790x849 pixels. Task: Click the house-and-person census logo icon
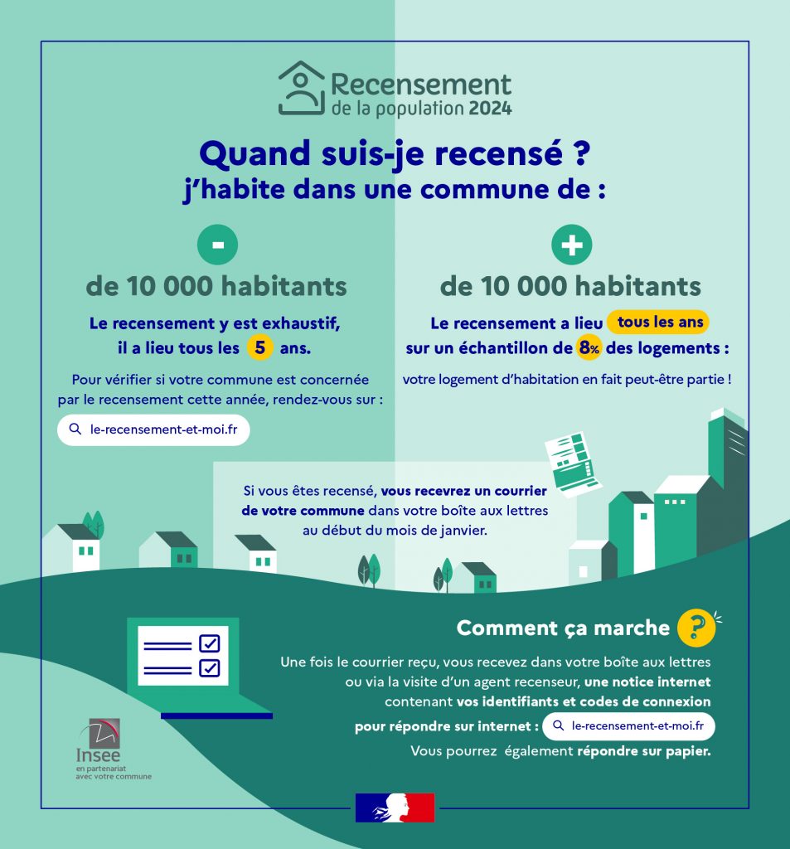coord(300,89)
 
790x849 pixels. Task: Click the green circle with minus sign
coord(217,245)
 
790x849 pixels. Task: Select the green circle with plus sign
coord(572,245)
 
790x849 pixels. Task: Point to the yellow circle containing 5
coord(259,348)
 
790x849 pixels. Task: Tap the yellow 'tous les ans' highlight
coord(658,323)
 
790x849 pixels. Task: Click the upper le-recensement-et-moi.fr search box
coord(153,429)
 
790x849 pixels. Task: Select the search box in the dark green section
coord(628,726)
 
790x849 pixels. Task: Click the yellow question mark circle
coord(696,628)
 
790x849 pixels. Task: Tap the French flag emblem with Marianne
coord(395,808)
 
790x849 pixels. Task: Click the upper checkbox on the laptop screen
coord(210,643)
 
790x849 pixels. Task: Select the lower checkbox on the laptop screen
coord(210,667)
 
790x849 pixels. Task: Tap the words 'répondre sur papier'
coord(643,752)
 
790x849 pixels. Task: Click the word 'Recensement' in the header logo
coord(421,85)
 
